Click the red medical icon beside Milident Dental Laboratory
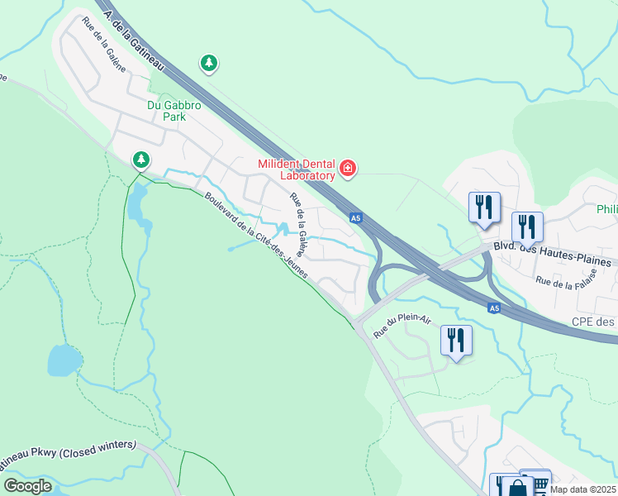(348, 169)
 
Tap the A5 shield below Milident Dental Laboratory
(354, 218)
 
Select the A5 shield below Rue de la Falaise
(493, 308)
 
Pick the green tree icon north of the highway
(209, 63)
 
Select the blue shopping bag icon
(517, 487)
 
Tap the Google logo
(28, 486)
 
